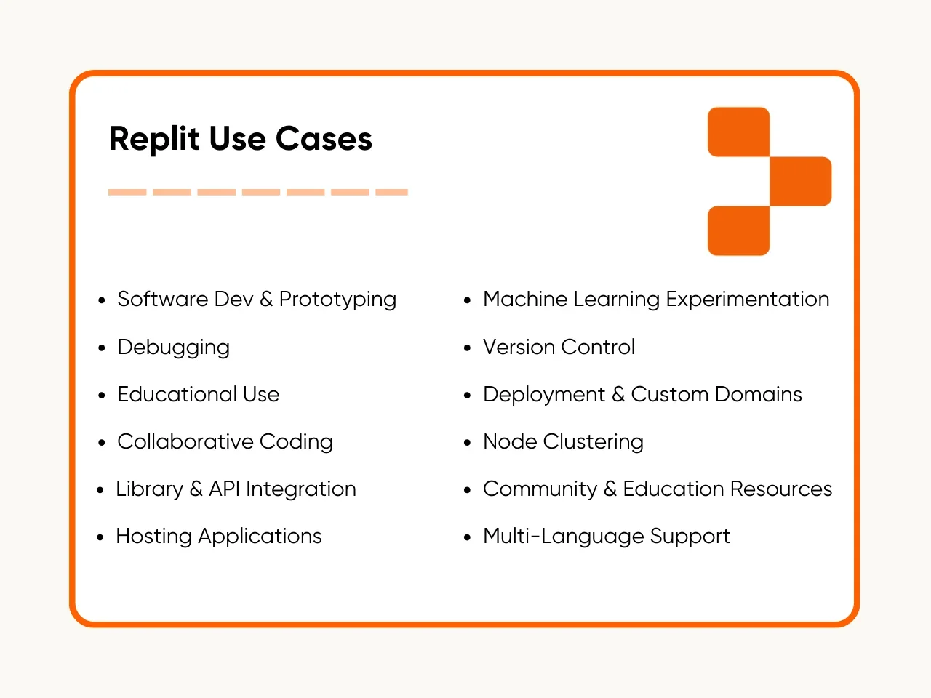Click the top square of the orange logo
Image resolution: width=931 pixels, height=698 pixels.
(738, 132)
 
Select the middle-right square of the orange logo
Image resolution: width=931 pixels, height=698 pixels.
(800, 181)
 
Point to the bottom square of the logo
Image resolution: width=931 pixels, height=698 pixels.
(738, 230)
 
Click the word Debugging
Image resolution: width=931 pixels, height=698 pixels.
(173, 348)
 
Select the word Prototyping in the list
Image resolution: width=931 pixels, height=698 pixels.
(337, 300)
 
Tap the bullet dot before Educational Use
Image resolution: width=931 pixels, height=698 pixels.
(102, 396)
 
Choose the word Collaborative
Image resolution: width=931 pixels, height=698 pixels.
(185, 441)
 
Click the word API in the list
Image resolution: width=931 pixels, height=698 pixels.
(224, 489)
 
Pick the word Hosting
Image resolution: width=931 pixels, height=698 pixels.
(153, 537)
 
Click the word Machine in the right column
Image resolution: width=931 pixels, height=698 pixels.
(524, 299)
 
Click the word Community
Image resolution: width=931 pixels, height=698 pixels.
(540, 489)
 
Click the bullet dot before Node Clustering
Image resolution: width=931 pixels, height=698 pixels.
(468, 443)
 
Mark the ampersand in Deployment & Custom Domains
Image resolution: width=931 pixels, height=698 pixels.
(618, 394)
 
